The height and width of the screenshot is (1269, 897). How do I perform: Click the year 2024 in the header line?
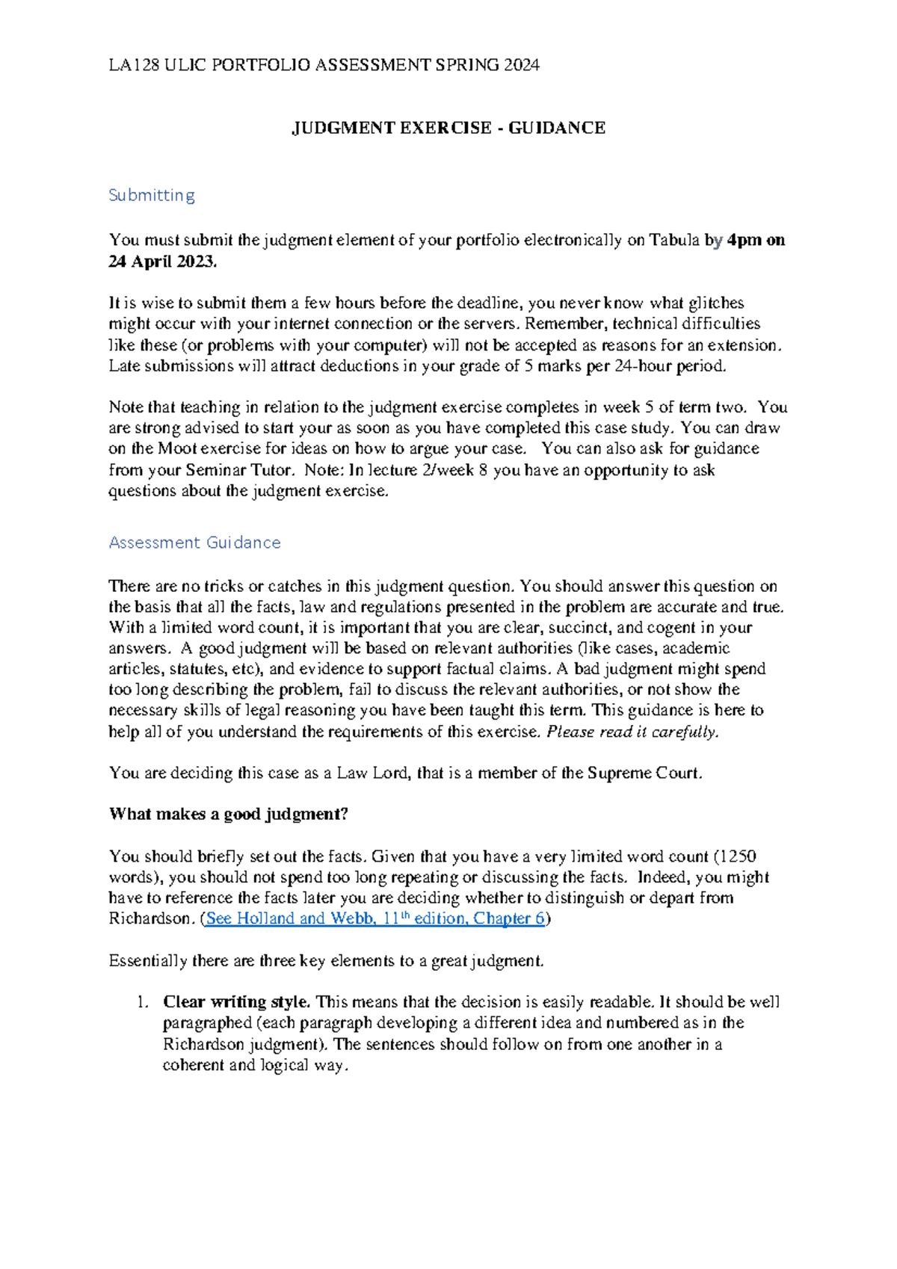coord(521,66)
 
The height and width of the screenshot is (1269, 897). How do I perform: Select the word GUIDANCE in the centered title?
coord(557,129)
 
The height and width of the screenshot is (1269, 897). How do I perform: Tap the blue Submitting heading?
coord(152,196)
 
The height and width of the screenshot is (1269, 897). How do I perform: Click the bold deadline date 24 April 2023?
coord(163,262)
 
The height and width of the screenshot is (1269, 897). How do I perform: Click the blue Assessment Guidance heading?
coord(194,543)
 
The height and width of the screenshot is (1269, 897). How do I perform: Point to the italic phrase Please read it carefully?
coord(632,732)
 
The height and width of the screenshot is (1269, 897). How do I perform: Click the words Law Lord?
coord(373,774)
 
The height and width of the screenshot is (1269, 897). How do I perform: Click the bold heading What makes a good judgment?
coord(229,815)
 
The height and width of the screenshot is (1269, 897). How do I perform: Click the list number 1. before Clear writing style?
coord(144,1002)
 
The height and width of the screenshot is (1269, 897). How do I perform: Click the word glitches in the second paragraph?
coord(715,303)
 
